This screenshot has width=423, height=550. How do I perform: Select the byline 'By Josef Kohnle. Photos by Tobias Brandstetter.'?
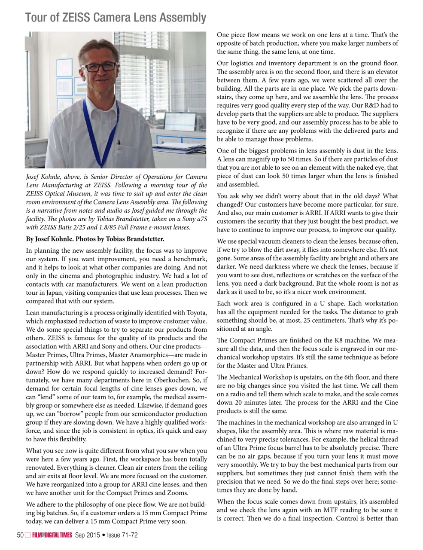(x=95, y=239)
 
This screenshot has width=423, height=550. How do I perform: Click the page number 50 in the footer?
(x=20, y=535)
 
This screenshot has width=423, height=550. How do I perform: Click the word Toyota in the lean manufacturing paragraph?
(x=196, y=313)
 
